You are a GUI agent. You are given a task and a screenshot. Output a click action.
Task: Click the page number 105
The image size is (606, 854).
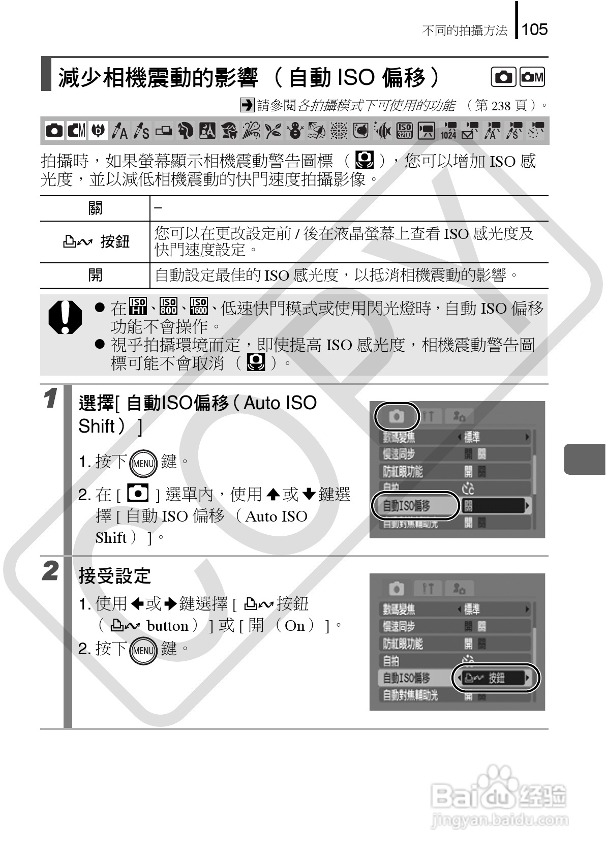[x=534, y=29]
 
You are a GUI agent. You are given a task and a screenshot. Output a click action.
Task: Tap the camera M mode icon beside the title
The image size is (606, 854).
[x=532, y=77]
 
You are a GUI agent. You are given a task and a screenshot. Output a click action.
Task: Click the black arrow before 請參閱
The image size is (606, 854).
[x=247, y=105]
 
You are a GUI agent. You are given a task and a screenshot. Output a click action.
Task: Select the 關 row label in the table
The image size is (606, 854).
[x=95, y=208]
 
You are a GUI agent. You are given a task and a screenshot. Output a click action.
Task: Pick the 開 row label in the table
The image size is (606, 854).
[x=95, y=275]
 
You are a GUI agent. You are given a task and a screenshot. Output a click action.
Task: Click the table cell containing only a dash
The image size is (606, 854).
[x=349, y=208]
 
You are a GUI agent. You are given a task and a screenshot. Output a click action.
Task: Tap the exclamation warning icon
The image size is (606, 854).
[x=65, y=317]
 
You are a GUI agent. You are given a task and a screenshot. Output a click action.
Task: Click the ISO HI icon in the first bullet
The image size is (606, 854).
[x=138, y=306]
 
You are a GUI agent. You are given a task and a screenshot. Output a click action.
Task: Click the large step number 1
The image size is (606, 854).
[x=50, y=399]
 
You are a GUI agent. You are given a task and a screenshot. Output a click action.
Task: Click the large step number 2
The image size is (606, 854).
[x=50, y=571]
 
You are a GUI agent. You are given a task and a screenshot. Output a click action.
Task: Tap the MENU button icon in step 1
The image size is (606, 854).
[x=143, y=463]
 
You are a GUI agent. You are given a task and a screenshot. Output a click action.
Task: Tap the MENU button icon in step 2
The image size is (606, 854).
[x=143, y=650]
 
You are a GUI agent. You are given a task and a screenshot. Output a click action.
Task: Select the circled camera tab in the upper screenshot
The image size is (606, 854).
[x=397, y=416]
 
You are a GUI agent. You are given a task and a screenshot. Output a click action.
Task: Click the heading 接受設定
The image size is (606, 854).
[x=115, y=576]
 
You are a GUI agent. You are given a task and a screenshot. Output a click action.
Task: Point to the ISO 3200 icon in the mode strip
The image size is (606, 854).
[x=404, y=131]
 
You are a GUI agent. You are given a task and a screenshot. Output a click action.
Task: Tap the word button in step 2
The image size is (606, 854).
[x=167, y=626]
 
